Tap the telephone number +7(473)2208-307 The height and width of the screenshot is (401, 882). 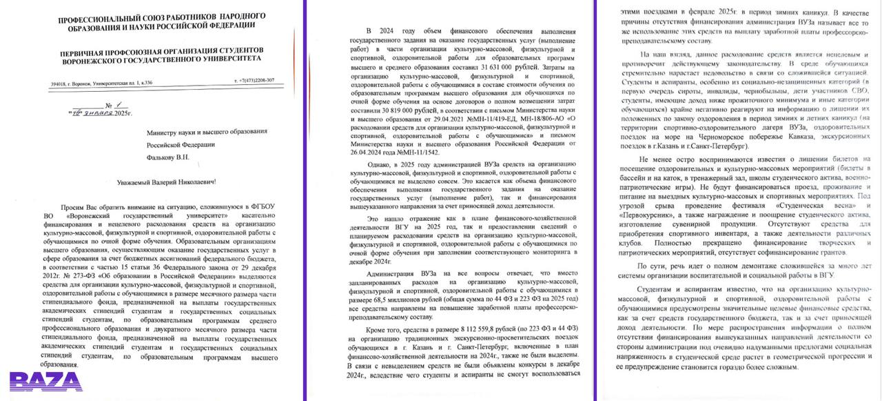tap(254, 81)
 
